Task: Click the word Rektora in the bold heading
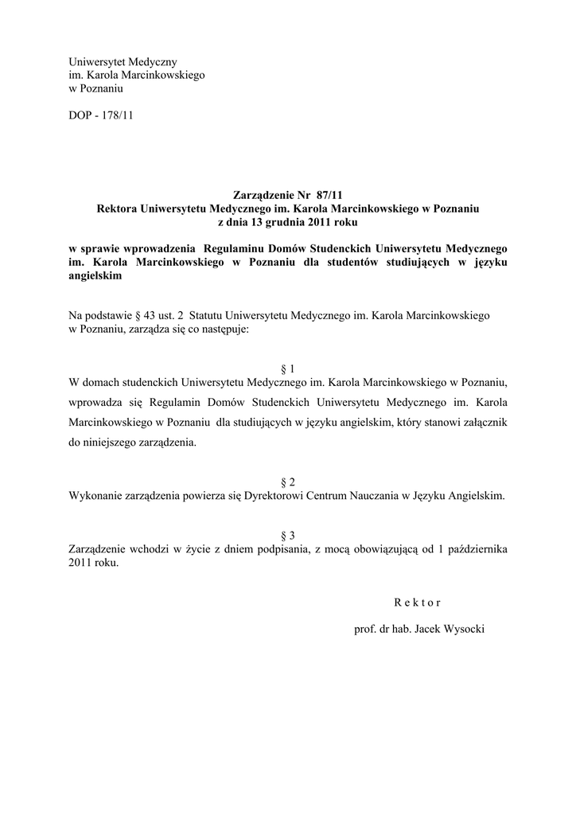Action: [x=117, y=209]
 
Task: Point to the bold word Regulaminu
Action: [x=236, y=248]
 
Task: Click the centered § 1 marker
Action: [x=288, y=369]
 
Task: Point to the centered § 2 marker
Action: [x=288, y=482]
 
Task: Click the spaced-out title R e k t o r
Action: [x=416, y=602]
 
